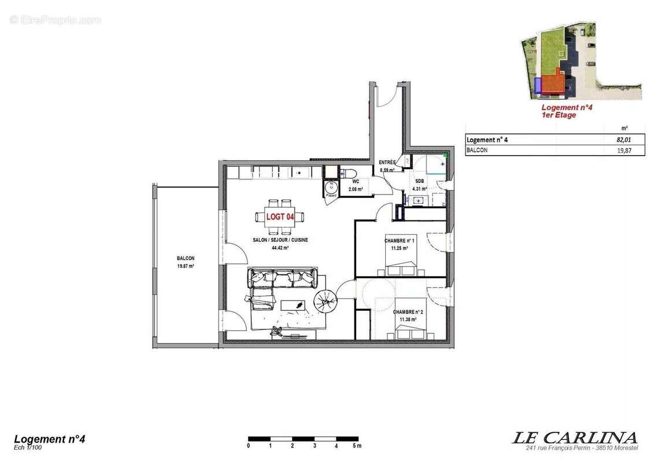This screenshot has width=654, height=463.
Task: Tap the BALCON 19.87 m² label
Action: pos(186,262)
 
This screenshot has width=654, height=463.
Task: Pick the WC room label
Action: pos(355,181)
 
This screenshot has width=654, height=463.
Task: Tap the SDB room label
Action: pos(419,181)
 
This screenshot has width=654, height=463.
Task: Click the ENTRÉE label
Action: pos(387,163)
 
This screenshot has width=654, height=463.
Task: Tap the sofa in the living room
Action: pos(282,278)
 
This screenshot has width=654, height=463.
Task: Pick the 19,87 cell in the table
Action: pos(621,150)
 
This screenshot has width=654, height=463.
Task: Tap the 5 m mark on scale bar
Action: pos(356,446)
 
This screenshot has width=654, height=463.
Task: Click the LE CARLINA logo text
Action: pos(574,438)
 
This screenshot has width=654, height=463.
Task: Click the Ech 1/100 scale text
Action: pos(28,447)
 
